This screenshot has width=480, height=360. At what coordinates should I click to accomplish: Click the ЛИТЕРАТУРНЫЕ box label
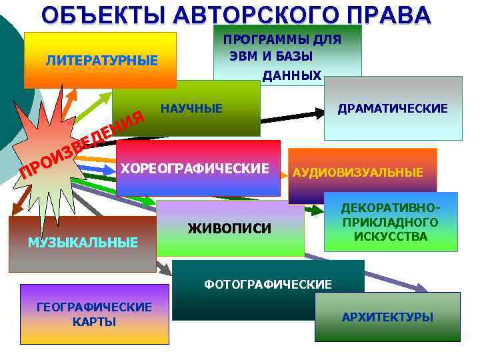pyautogui.click(x=102, y=61)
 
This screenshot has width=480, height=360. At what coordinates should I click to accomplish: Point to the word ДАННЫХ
pyautogui.click(x=292, y=75)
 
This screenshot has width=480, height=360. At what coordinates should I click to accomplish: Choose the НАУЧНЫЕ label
pyautogui.click(x=192, y=108)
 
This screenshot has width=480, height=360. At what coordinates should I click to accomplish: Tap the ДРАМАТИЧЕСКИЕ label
pyautogui.click(x=393, y=108)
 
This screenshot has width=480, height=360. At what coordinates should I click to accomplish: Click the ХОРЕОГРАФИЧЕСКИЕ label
pyautogui.click(x=195, y=167)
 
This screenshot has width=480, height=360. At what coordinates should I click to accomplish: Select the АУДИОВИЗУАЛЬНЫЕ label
pyautogui.click(x=358, y=173)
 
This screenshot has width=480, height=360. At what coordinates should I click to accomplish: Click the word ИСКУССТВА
pyautogui.click(x=391, y=236)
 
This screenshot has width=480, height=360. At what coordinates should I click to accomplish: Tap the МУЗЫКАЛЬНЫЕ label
pyautogui.click(x=83, y=241)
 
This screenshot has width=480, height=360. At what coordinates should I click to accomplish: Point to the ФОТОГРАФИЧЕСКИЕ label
pyautogui.click(x=268, y=285)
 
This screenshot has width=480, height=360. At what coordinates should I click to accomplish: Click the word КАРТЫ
pyautogui.click(x=94, y=321)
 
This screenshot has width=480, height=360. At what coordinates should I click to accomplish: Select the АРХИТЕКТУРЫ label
pyautogui.click(x=387, y=317)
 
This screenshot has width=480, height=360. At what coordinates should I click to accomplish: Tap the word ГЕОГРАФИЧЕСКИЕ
pyautogui.click(x=94, y=307)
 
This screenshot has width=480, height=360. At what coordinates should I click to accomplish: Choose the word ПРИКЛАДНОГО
pyautogui.click(x=391, y=222)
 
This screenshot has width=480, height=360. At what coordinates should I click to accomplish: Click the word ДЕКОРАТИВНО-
pyautogui.click(x=391, y=208)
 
